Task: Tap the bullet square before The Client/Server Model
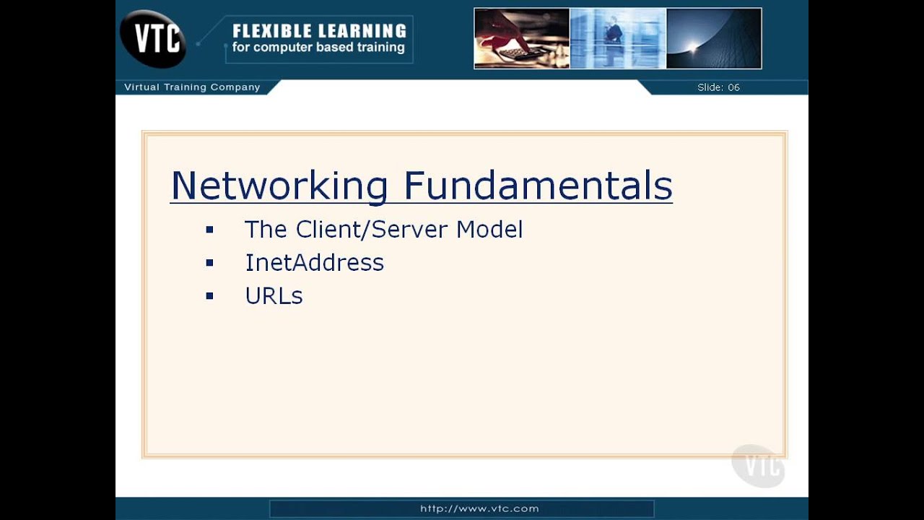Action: [209, 230]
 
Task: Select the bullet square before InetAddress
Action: [209, 263]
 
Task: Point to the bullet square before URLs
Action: [209, 296]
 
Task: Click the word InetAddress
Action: [314, 262]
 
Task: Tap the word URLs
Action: [274, 296]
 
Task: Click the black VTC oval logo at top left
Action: [153, 38]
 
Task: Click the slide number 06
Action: [733, 87]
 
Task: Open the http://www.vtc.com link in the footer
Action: [479, 508]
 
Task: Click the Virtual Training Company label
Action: [192, 87]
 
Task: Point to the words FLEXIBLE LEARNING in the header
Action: [319, 31]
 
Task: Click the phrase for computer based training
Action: [318, 48]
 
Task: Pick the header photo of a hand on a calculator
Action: [522, 38]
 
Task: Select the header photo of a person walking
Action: [618, 38]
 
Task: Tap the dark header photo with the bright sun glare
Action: [713, 38]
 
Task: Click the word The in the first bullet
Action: [266, 230]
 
